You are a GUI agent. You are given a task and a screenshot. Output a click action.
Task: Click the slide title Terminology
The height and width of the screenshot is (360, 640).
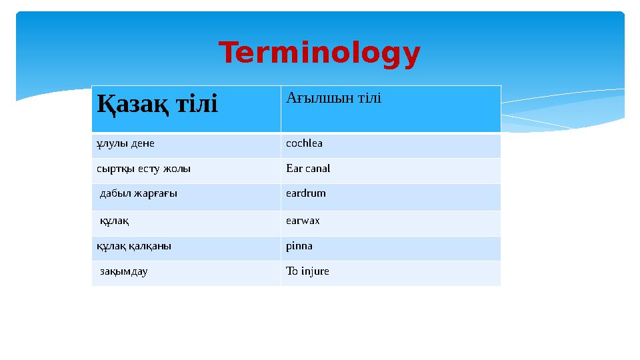pos(319,54)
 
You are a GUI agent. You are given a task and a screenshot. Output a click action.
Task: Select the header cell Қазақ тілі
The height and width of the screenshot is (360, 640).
pos(157,104)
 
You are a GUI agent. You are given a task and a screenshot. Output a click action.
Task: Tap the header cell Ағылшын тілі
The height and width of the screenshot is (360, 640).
pos(333,99)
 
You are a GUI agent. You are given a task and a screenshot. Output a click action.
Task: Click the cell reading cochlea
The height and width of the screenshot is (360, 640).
pos(304,143)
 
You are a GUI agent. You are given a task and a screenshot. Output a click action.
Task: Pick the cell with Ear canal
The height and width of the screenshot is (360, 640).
pos(307,169)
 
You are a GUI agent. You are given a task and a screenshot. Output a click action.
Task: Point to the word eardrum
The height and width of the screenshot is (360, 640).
pos(305,193)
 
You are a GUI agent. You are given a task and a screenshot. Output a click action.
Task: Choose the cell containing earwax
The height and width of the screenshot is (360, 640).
pos(303,220)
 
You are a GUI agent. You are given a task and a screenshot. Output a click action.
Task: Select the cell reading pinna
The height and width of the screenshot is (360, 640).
pos(299,245)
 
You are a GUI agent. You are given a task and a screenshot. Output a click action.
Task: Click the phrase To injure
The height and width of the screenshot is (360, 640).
pos(307,271)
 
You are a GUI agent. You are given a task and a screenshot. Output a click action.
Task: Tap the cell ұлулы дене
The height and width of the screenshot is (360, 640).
pos(119,143)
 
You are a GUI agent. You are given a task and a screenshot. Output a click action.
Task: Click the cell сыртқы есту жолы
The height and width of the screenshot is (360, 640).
pos(143,169)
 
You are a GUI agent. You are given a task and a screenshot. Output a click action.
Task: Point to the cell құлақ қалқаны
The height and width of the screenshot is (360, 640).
pos(134,245)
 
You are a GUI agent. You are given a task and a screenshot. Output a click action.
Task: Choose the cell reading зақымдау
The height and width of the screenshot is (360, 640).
pos(124,271)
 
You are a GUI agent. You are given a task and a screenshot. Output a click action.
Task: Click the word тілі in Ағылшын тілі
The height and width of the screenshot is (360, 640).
pos(369,99)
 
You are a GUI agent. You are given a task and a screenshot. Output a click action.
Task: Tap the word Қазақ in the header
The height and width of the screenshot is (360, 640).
pos(129,104)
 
